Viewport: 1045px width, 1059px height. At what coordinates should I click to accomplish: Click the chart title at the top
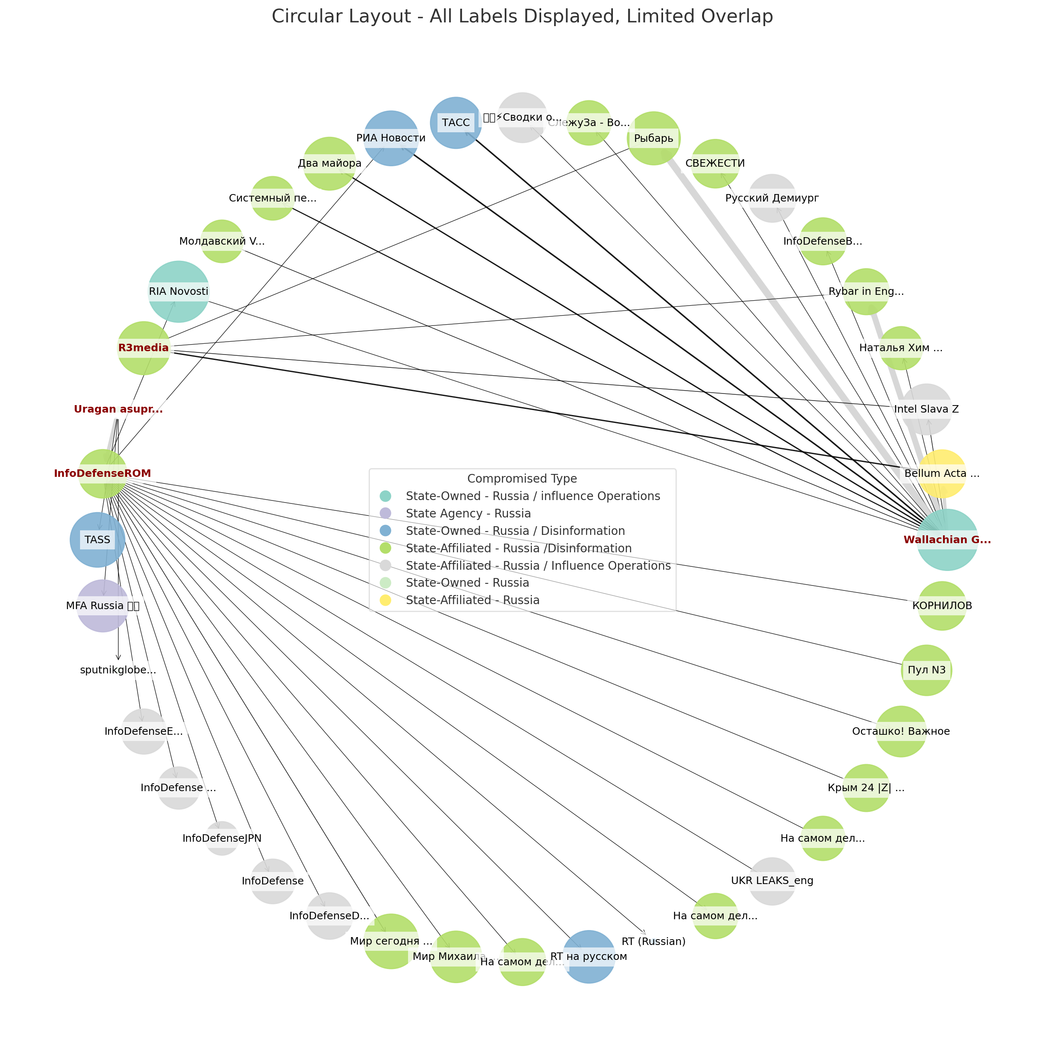click(522, 17)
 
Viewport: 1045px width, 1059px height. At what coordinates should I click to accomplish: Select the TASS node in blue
click(97, 540)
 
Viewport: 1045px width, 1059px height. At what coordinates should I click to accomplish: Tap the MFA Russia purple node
click(102, 606)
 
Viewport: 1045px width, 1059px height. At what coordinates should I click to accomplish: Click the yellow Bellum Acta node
click(942, 474)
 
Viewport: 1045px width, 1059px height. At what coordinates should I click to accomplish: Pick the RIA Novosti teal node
click(179, 291)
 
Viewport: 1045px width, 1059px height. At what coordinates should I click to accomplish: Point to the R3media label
click(143, 347)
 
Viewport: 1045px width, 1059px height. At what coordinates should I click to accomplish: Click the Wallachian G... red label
click(947, 540)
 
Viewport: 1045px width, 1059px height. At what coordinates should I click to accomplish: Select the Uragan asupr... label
click(119, 409)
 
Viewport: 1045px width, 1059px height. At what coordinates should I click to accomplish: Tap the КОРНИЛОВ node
click(942, 606)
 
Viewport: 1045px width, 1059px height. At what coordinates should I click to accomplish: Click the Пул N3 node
click(926, 670)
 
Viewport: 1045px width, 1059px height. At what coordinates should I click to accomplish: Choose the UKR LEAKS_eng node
click(772, 881)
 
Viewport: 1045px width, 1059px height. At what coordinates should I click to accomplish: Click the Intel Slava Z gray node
click(926, 409)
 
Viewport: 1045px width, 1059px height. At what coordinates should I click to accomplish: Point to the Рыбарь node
click(654, 138)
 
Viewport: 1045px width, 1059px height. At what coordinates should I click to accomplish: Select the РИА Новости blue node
click(391, 138)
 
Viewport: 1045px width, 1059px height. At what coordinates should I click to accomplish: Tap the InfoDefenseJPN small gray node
click(222, 838)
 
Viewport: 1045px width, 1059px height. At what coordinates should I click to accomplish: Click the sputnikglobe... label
click(119, 670)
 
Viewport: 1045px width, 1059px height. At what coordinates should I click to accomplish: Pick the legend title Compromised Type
click(522, 478)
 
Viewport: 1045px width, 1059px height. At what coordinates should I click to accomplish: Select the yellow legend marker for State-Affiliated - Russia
click(385, 600)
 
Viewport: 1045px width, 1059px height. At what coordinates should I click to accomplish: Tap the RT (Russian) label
click(654, 942)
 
